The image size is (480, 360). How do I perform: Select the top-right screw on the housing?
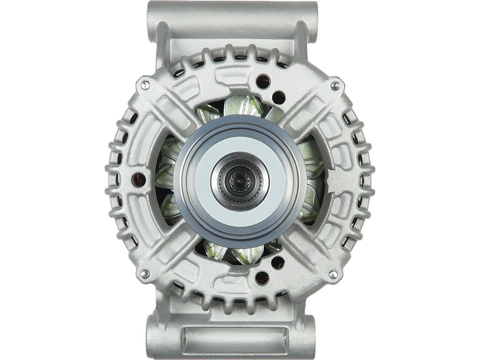[x=335, y=84]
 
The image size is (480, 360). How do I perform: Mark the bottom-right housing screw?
[x=334, y=274]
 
